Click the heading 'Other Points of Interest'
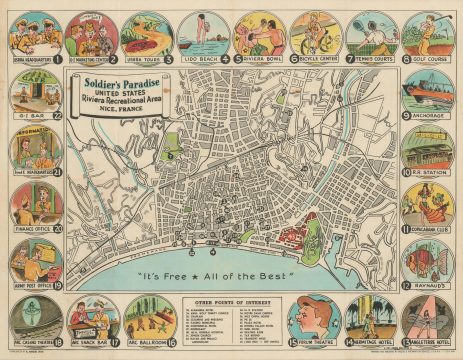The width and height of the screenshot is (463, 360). pyautogui.click(x=231, y=300)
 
